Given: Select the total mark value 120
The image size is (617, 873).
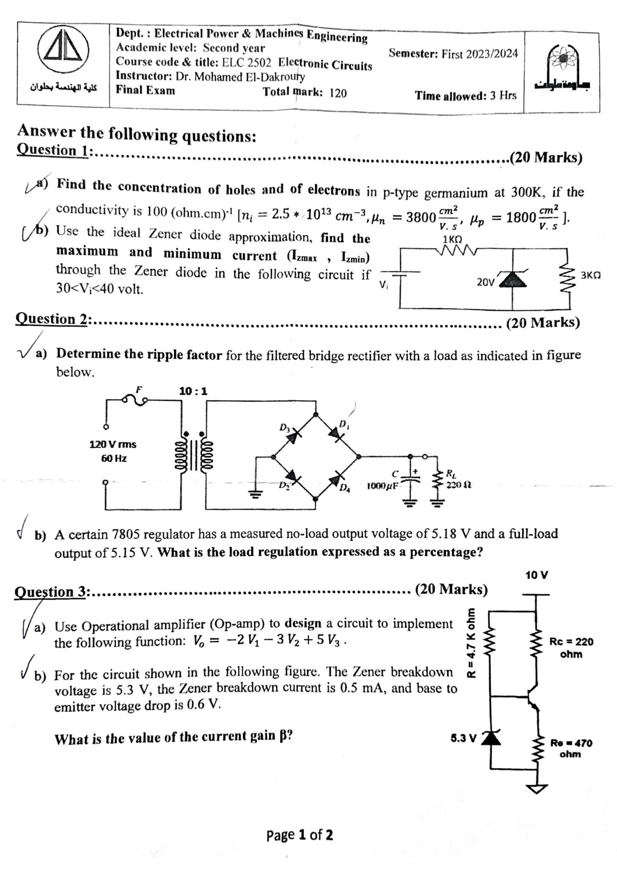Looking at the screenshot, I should point(338,93).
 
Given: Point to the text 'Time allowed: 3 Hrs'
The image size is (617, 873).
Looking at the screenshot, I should point(466,96).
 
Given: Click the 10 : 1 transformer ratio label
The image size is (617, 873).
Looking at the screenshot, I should point(193,391).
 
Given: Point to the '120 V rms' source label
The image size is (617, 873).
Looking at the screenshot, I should point(113,444).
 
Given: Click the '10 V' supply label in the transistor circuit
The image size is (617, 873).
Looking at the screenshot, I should point(537,574).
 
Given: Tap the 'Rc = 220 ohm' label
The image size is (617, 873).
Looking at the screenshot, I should point(571,647).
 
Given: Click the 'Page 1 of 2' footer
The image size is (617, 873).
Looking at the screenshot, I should point(300,835).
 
